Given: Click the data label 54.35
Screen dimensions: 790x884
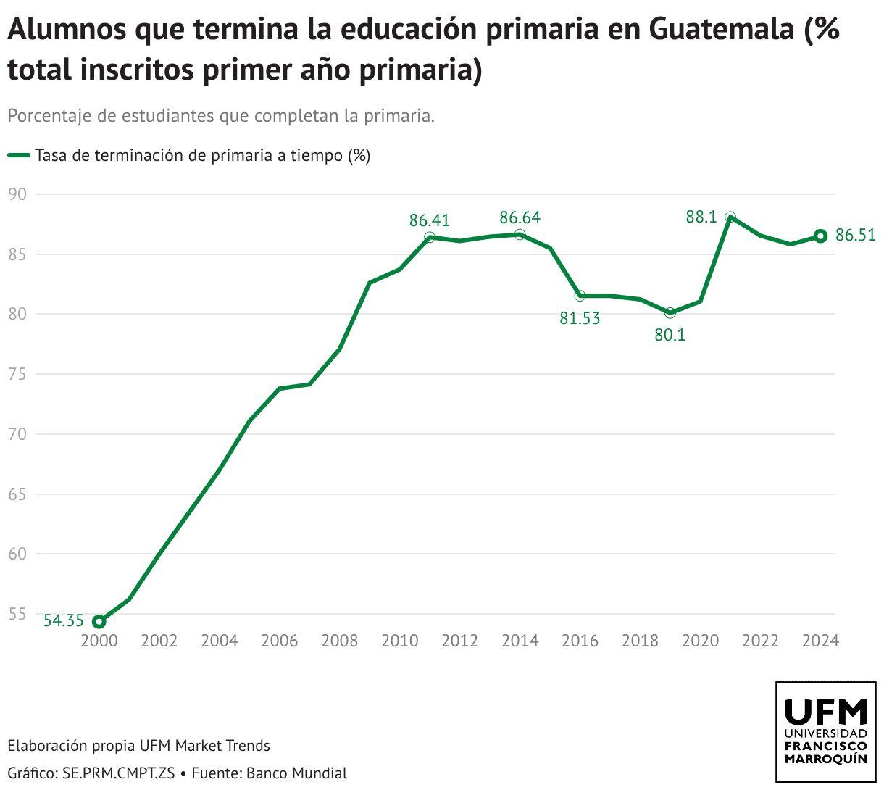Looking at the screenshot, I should [x=64, y=621].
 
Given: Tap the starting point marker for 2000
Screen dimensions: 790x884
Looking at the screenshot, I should [x=99, y=621].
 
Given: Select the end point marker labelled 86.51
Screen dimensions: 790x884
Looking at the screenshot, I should [x=820, y=236].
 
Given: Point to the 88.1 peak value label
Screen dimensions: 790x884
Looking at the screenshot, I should [x=701, y=217].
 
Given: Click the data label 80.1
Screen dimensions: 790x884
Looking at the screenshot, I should [x=670, y=335].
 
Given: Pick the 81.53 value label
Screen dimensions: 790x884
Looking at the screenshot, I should [x=580, y=318].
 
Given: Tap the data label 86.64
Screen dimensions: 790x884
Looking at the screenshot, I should [x=520, y=218].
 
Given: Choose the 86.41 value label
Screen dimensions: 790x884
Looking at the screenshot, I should [x=430, y=220].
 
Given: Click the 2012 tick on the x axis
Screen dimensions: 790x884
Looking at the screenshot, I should [x=460, y=641].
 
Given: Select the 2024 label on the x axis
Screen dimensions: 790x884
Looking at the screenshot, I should [x=820, y=641].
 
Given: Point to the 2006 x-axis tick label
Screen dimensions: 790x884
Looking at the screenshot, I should [x=280, y=641].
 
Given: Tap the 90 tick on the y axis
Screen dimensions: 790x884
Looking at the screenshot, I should [x=17, y=194].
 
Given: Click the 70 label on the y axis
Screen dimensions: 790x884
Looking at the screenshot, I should [x=17, y=434].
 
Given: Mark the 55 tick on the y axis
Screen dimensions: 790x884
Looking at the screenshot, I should [x=17, y=614].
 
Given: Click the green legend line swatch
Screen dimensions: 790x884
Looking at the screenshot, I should [x=19, y=155].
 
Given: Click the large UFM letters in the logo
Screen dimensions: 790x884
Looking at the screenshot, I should [x=826, y=712].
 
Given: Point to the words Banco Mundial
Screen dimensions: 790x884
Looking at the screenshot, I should [x=296, y=773].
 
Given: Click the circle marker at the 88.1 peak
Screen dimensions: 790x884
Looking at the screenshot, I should [x=730, y=217].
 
